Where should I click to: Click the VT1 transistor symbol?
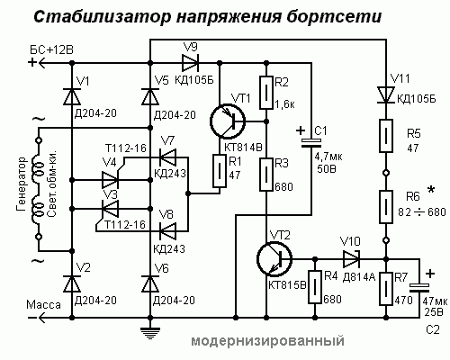(x=228, y=121)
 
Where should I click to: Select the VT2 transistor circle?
(x=274, y=259)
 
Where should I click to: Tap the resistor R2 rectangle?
(x=265, y=93)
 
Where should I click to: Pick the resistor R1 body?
(x=220, y=171)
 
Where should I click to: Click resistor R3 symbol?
(x=265, y=175)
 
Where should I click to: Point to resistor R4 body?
(x=315, y=287)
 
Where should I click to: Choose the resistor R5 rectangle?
(x=386, y=136)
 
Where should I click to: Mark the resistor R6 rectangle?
(x=386, y=207)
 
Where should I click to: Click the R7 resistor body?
(x=386, y=289)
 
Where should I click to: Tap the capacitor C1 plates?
(x=311, y=143)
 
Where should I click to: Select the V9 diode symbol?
(x=190, y=63)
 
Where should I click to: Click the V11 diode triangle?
(x=386, y=94)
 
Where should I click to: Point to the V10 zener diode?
(x=351, y=259)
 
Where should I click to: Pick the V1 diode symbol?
(x=72, y=96)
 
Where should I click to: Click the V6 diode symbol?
(x=150, y=283)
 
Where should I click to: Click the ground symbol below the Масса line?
(x=150, y=333)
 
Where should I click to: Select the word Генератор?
(x=22, y=184)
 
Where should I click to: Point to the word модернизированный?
(x=268, y=341)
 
